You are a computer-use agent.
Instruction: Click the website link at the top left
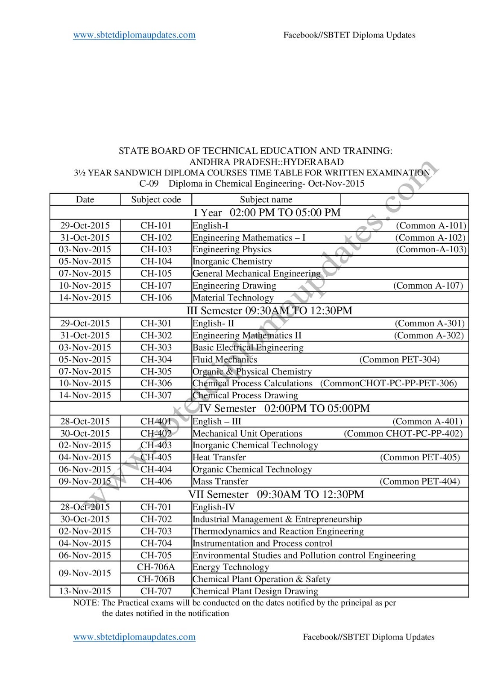tap(134, 35)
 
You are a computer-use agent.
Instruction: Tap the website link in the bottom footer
tap(134, 637)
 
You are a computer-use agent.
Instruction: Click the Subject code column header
tap(156, 200)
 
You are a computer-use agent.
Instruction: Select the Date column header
tap(85, 200)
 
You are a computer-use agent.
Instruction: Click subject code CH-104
tap(156, 261)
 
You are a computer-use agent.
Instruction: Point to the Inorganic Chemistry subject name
tap(232, 261)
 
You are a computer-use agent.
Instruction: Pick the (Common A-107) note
tap(428, 286)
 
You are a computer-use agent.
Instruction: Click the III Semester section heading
tap(269, 311)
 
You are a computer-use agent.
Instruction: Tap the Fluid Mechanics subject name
tap(225, 359)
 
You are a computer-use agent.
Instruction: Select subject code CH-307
tap(156, 395)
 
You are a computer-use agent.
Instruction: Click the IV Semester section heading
tap(284, 409)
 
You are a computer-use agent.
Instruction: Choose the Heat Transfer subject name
tap(219, 457)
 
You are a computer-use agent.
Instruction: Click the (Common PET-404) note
tap(420, 482)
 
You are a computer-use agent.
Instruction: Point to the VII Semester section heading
tap(276, 494)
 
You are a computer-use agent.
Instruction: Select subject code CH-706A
tap(156, 567)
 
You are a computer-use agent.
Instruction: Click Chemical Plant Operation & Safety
tap(261, 579)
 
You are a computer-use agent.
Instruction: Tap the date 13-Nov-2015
tap(85, 591)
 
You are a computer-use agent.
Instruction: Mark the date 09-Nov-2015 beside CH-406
tap(85, 482)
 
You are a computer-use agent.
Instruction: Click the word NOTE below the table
tap(86, 603)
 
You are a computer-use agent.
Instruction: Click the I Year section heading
tap(267, 213)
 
